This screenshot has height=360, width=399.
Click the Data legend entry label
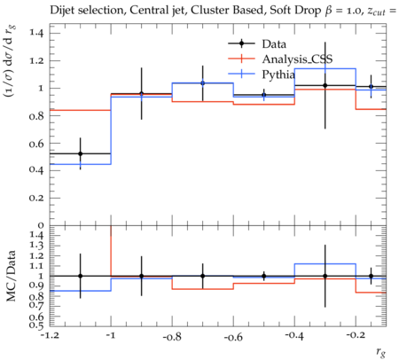click(274, 44)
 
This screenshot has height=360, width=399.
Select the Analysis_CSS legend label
click(297, 59)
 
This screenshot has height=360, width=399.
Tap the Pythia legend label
click(278, 74)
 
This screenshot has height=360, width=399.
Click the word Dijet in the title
click(61, 11)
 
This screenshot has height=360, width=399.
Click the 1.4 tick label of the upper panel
click(36, 32)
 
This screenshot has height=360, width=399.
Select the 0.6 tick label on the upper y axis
click(36, 144)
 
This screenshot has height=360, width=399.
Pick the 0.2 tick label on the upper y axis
click(36, 198)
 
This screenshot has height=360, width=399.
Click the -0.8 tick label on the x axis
click(172, 336)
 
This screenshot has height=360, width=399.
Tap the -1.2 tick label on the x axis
click(50, 336)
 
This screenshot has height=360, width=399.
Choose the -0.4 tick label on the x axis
click(294, 336)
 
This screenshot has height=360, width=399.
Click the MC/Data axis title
click(11, 276)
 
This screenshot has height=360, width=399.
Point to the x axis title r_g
click(381, 352)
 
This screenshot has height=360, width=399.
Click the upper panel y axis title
click(10, 60)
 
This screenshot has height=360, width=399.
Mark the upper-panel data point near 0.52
click(81, 153)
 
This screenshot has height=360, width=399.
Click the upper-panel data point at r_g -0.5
click(264, 95)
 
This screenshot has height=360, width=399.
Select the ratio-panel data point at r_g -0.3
click(325, 276)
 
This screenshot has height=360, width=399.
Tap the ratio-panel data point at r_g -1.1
click(81, 276)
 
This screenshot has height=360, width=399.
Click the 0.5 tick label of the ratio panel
click(36, 325)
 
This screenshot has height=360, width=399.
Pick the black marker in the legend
click(241, 43)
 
